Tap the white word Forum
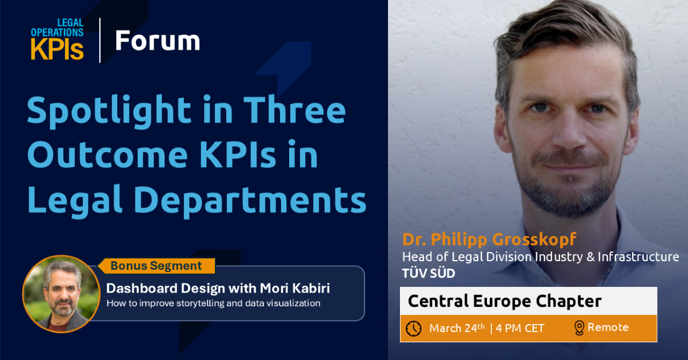[x=158, y=41]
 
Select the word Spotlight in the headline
[x=110, y=111]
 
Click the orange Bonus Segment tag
[x=157, y=266]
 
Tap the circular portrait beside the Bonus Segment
[x=62, y=294]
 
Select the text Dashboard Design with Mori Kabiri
[x=218, y=289]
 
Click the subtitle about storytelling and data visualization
[x=214, y=303]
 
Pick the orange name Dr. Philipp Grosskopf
[x=489, y=239]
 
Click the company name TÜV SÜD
[x=429, y=273]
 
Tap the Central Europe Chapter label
[x=505, y=301]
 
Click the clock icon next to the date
[x=414, y=329]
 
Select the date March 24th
[x=457, y=328]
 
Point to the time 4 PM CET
[x=520, y=329]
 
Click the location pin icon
[x=579, y=328]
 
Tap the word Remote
[x=608, y=327]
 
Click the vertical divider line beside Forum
[x=100, y=40]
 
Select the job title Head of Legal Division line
[x=541, y=257]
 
